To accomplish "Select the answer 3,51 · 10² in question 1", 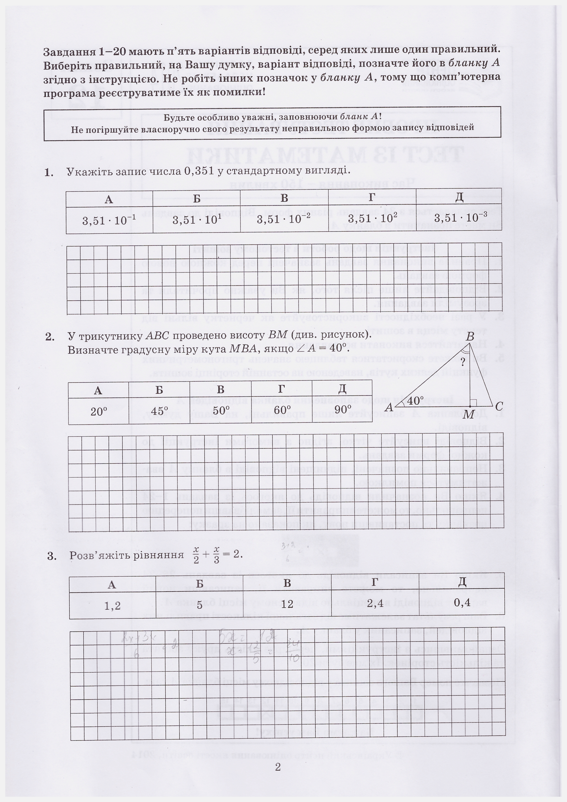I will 373,219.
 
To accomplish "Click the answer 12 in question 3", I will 287,604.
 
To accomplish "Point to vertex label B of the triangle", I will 470,337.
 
